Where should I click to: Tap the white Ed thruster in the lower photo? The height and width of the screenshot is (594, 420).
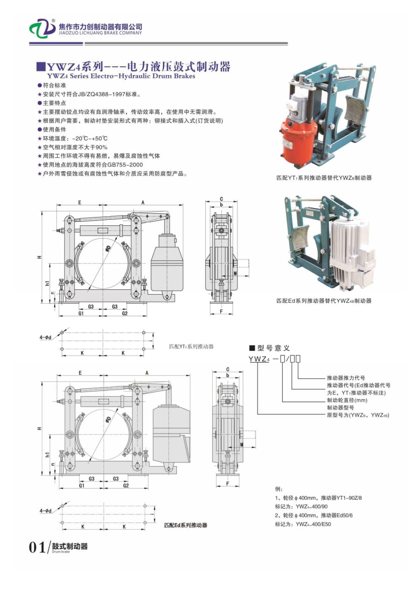tap(353, 252)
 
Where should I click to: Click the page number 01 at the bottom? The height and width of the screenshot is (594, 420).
tap(36, 547)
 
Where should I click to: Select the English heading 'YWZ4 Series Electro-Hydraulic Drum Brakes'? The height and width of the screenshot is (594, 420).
tap(121, 76)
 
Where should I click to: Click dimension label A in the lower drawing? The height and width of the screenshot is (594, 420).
tap(147, 373)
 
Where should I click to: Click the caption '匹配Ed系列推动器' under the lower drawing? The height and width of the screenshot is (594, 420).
tap(185, 525)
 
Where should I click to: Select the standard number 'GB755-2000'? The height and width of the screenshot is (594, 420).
tap(125, 165)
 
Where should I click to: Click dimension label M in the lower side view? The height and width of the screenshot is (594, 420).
tap(242, 445)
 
